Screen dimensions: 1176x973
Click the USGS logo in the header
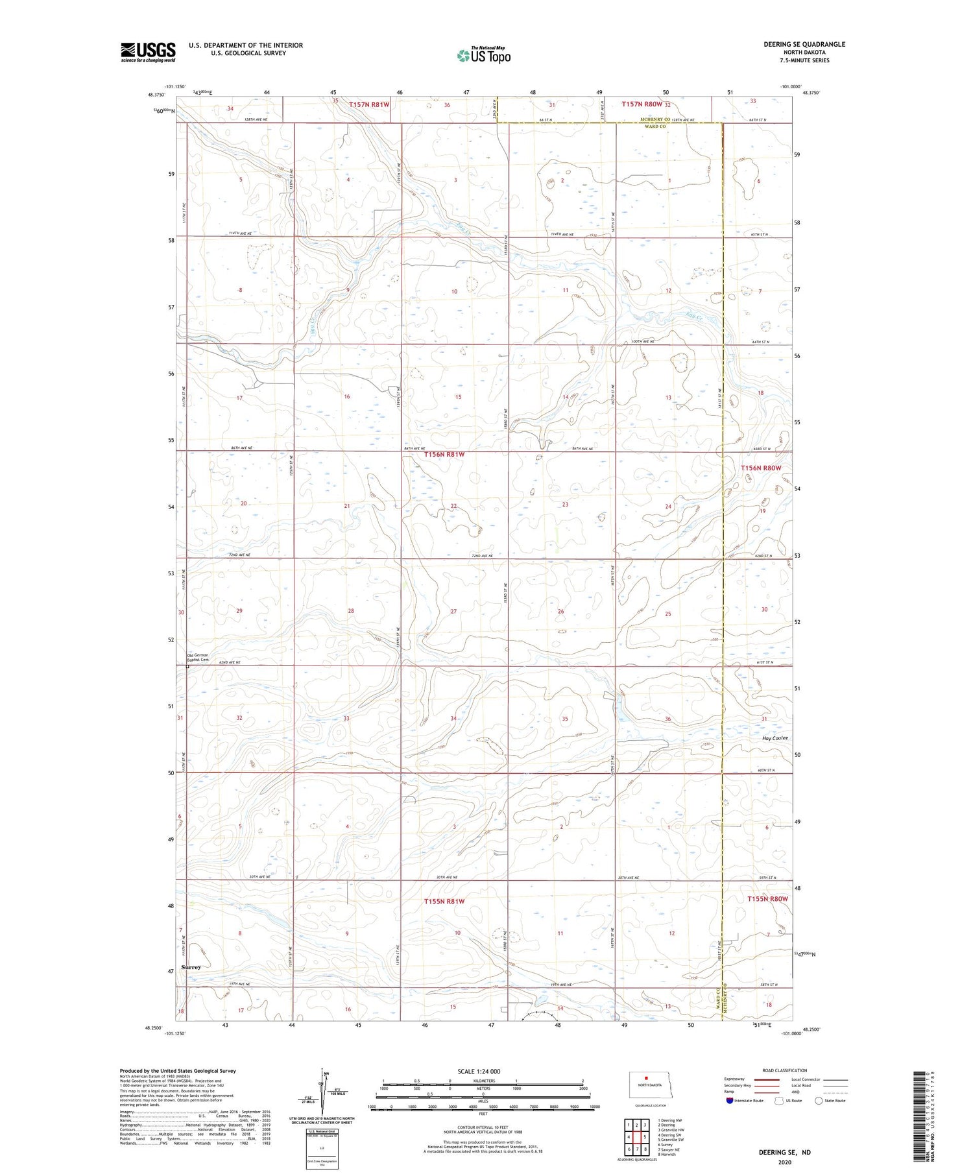148,52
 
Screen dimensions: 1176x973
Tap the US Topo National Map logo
483,56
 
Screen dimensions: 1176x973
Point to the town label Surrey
191,967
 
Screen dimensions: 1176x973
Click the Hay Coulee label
775,738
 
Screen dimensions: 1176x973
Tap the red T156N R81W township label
444,455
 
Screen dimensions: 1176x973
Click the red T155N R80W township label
767,899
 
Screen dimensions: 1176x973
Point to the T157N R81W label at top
369,104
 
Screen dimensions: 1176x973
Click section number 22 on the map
454,506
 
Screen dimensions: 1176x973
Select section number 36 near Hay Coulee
667,719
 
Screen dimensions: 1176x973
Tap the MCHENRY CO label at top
655,120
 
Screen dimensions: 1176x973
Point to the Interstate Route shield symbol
730,1100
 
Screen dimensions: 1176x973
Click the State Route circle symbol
819,1100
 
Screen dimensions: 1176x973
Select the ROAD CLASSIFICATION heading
784,1070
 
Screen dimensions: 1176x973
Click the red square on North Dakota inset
646,1079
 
